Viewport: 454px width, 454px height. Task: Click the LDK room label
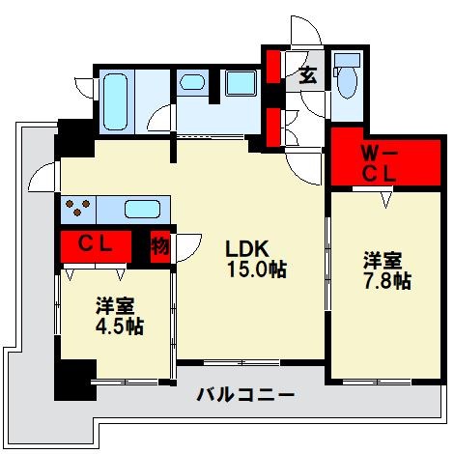[x=247, y=248]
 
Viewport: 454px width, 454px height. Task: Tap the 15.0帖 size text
[x=257, y=270]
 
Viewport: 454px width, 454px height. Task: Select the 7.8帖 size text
[x=387, y=281]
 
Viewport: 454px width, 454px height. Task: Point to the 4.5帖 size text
[x=120, y=326]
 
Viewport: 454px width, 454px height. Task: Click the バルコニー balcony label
[x=245, y=394]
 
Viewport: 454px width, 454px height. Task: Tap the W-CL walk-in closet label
[x=379, y=165]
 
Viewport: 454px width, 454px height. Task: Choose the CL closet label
[x=96, y=245]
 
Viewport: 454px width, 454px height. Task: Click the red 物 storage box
[x=160, y=247]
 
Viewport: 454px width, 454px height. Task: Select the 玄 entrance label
[x=308, y=76]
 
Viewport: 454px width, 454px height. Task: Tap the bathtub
[x=115, y=101]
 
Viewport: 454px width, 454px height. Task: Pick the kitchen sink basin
[x=142, y=210]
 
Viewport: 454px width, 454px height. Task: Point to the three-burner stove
[x=78, y=207]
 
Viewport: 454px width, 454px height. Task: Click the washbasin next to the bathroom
[x=192, y=82]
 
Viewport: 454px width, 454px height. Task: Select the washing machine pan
[x=241, y=83]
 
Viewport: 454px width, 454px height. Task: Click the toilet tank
[x=347, y=60]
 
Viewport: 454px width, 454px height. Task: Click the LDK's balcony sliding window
[x=241, y=362]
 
